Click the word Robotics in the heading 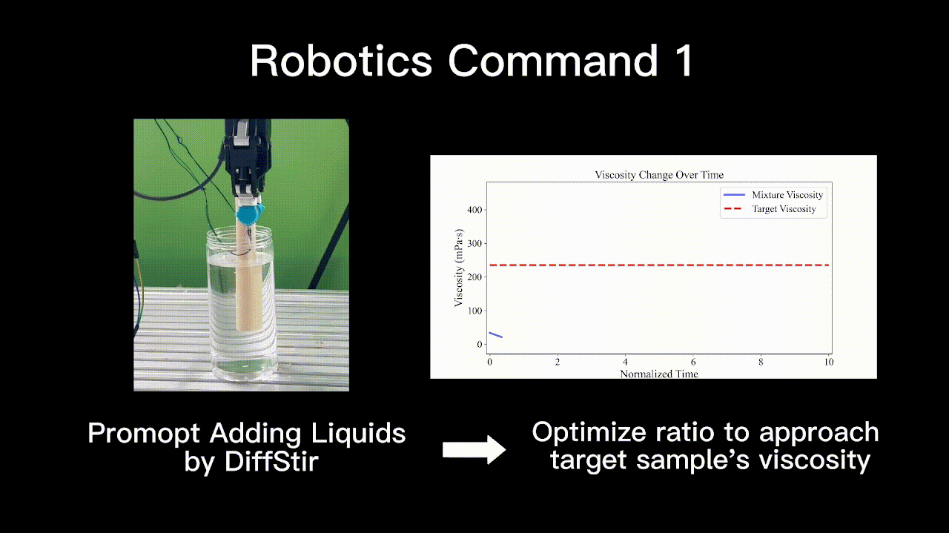pos(341,61)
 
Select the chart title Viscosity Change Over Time pos(659,174)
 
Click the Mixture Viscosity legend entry pos(773,195)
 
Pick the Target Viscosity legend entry pos(770,209)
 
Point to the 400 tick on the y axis pos(475,210)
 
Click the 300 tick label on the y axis pos(475,243)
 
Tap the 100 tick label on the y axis pos(475,311)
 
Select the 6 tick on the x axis pos(693,362)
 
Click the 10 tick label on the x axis pos(829,362)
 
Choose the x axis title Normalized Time pos(659,374)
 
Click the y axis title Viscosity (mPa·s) pos(459,268)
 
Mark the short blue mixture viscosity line pos(496,335)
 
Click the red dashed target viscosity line pos(659,265)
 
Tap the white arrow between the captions pos(474,449)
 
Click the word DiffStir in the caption pos(271,461)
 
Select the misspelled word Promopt pos(144,434)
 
